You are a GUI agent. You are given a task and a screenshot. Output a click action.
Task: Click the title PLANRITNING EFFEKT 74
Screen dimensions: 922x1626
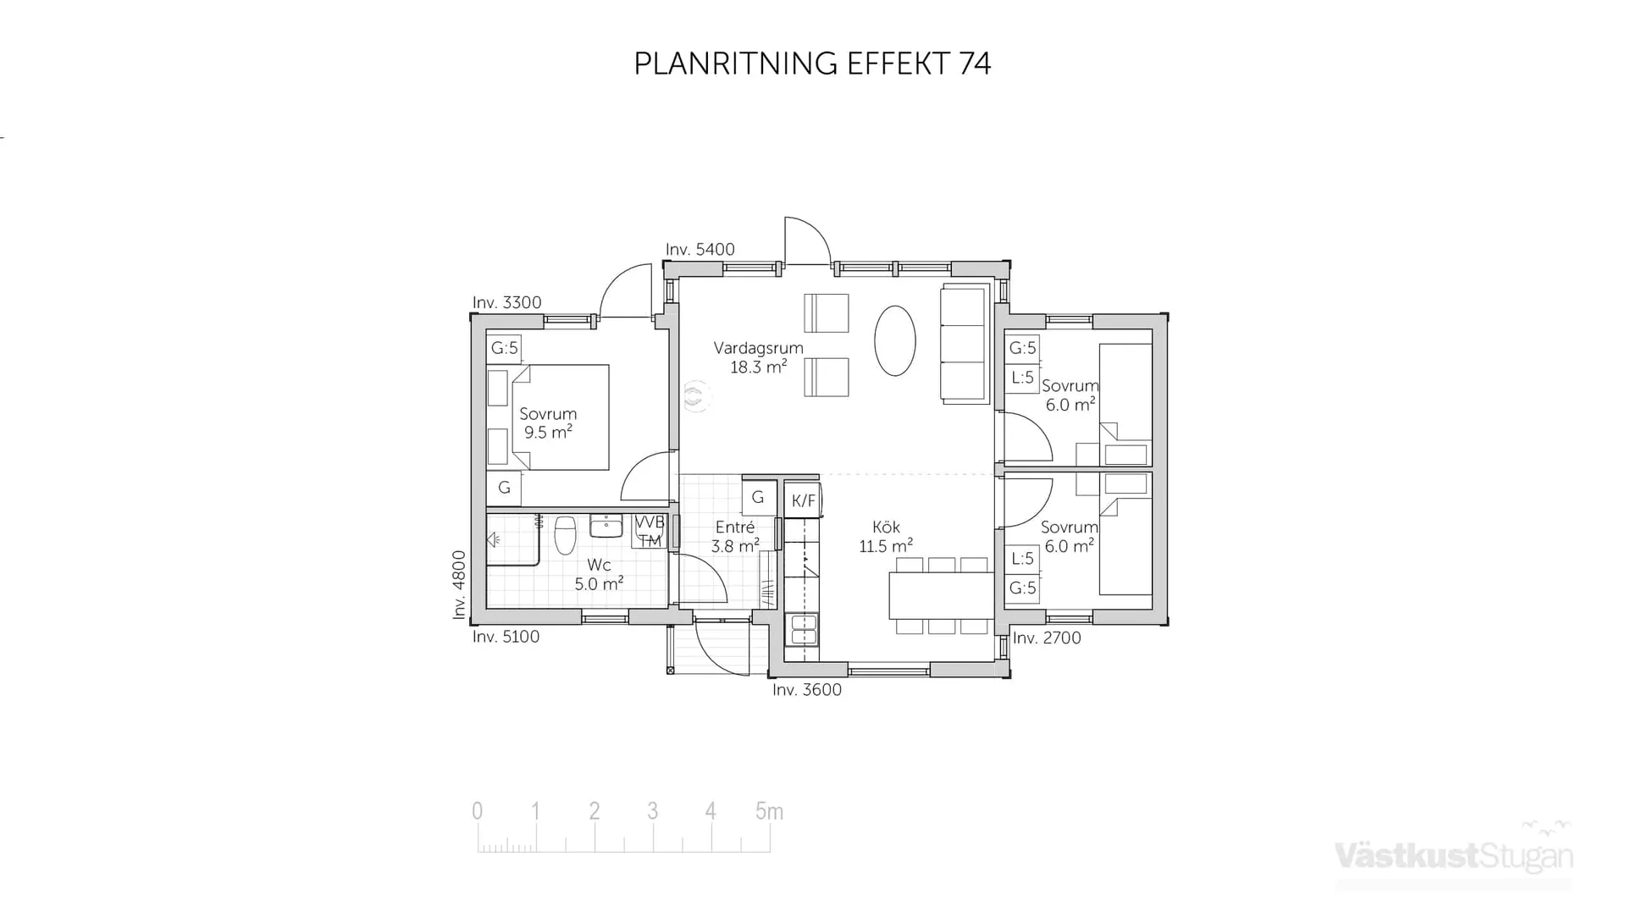click(x=812, y=63)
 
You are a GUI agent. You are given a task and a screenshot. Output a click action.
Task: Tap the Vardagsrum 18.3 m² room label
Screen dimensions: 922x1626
click(x=758, y=357)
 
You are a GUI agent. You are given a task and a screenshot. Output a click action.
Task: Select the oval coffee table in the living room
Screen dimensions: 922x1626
click(x=894, y=340)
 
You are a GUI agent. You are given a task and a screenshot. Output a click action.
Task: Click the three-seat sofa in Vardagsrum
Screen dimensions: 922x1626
click(x=965, y=345)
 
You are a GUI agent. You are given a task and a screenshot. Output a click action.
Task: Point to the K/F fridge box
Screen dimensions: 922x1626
click(x=803, y=500)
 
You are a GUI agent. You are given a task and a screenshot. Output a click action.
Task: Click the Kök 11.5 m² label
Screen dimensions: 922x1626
click(x=886, y=537)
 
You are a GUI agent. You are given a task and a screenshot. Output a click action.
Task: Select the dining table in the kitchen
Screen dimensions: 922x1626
click(x=940, y=595)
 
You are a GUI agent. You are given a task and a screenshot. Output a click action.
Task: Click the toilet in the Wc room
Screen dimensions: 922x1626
click(x=565, y=535)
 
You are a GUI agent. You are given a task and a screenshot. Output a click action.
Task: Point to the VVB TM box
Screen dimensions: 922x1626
click(x=650, y=532)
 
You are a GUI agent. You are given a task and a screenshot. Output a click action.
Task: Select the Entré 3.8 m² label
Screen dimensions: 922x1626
click(x=734, y=537)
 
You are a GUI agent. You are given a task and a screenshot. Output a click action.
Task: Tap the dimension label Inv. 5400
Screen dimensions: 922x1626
click(x=700, y=250)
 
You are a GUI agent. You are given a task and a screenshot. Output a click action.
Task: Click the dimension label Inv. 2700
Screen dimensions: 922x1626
click(x=1047, y=638)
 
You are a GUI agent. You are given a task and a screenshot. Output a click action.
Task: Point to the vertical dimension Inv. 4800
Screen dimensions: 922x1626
click(x=459, y=585)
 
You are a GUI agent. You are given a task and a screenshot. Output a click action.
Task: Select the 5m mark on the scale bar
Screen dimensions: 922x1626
click(x=769, y=812)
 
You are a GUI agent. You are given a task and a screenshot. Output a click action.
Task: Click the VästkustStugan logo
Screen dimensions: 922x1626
click(x=1453, y=855)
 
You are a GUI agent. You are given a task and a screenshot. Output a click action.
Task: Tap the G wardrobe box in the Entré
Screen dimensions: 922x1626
click(x=758, y=498)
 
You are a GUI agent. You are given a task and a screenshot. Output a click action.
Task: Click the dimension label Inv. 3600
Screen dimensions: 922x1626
click(x=806, y=690)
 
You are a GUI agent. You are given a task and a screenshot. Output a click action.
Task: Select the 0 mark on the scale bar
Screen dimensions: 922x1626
click(x=478, y=812)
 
